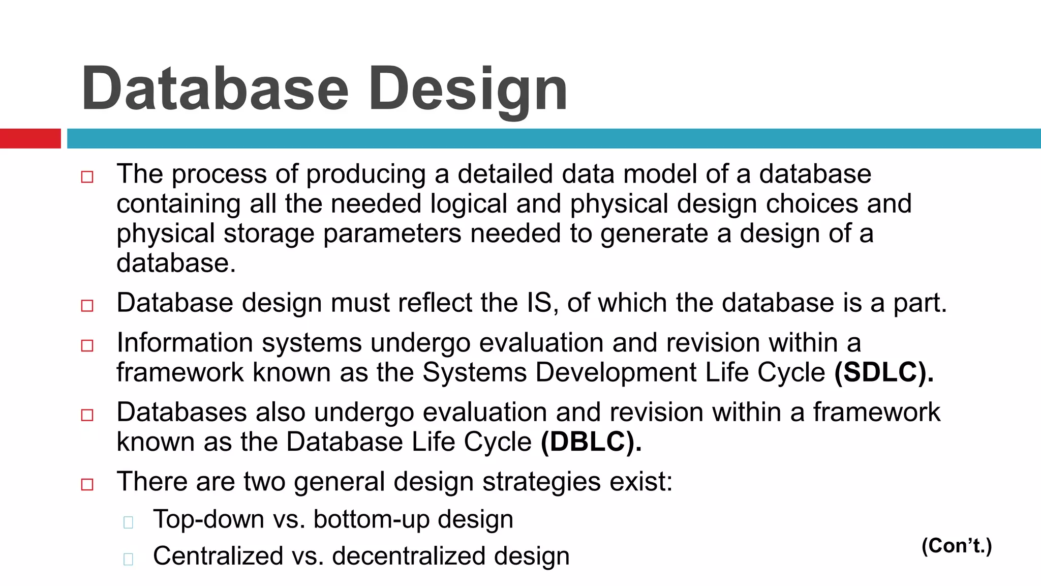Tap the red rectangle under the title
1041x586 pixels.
[x=30, y=138]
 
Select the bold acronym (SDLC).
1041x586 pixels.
[x=883, y=372]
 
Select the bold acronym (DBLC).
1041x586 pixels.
[x=591, y=442]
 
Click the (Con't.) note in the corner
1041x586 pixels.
[x=956, y=546]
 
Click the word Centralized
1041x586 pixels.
[x=218, y=555]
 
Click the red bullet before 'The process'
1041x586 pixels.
[x=87, y=177]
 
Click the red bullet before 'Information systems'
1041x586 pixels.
[x=87, y=346]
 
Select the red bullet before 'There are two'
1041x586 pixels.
[x=87, y=484]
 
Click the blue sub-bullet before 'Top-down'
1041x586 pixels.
[x=128, y=522]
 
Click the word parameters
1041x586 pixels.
[x=391, y=234]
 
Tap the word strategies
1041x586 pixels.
[x=541, y=482]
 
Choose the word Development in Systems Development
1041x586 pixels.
[x=616, y=373]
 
